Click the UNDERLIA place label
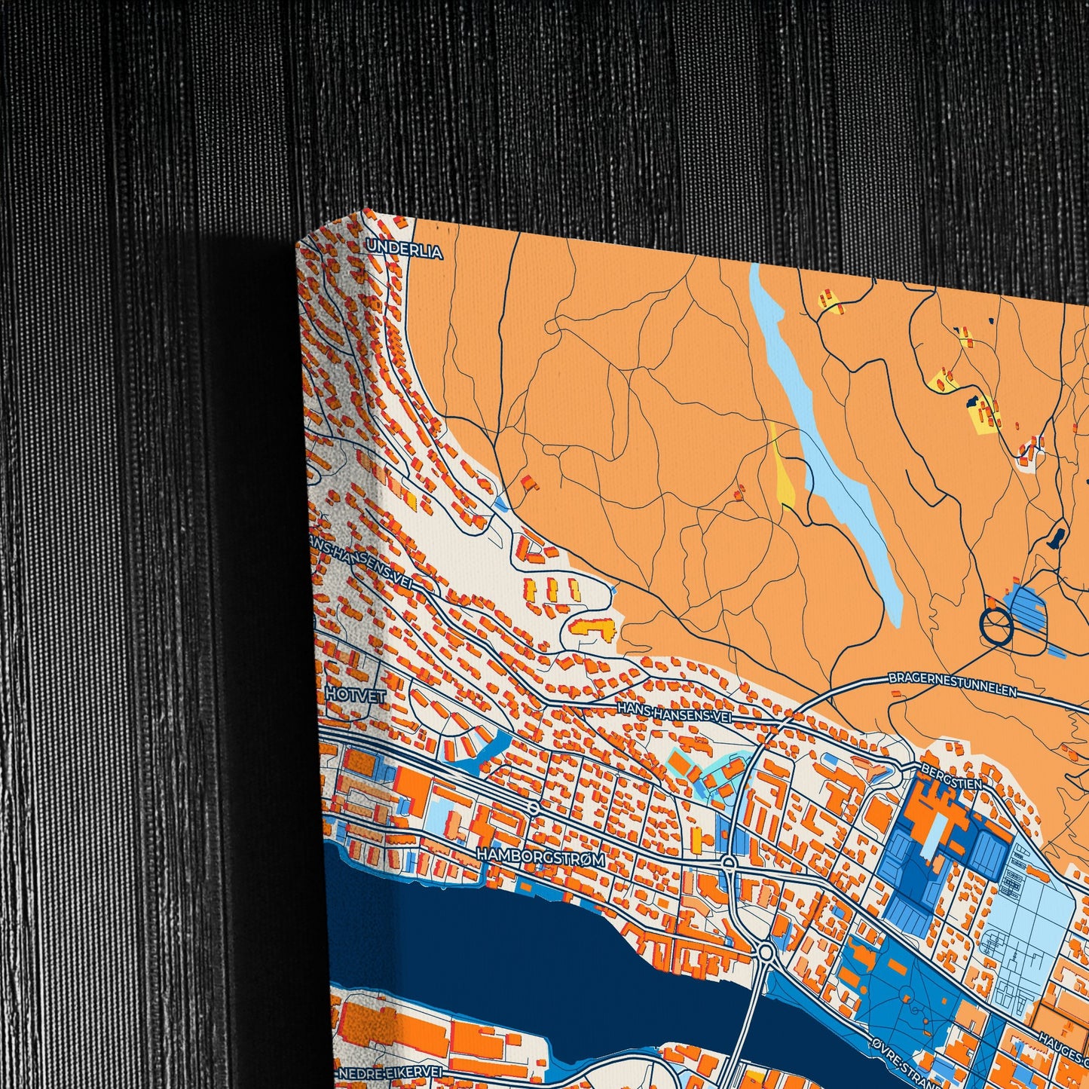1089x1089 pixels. (404, 253)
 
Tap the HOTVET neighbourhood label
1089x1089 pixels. (356, 695)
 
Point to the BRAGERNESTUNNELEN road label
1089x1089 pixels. (953, 684)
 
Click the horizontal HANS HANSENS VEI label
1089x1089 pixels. (674, 712)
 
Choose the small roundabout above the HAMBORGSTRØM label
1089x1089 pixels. (534, 809)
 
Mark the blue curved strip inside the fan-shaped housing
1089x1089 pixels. (482, 751)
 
